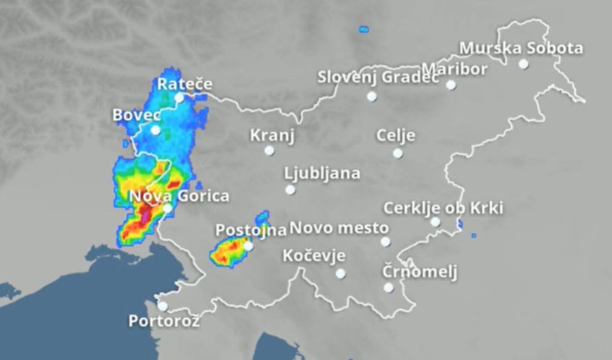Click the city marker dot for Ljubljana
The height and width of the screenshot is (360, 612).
(x=290, y=190)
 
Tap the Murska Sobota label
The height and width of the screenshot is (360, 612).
(x=521, y=48)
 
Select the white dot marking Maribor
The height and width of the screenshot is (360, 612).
(x=451, y=85)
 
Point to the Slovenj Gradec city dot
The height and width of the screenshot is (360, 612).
(x=372, y=96)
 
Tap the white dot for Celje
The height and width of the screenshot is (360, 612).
(x=397, y=153)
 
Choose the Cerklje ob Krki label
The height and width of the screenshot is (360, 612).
(x=443, y=208)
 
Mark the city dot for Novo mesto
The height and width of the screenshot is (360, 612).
(x=385, y=242)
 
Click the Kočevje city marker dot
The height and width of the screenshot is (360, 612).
(x=340, y=273)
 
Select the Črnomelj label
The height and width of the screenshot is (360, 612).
(x=420, y=272)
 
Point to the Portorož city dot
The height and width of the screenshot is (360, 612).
(x=163, y=306)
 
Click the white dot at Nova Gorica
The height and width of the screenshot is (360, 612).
(x=167, y=208)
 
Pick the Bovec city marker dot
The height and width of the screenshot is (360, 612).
(x=155, y=130)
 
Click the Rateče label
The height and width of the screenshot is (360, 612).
(x=184, y=84)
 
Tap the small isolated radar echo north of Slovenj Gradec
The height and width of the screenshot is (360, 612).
(x=363, y=29)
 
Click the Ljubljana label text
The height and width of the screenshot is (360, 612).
(x=322, y=174)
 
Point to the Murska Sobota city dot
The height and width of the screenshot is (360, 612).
(x=524, y=63)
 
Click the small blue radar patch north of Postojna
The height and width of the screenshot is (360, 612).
(x=261, y=218)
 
